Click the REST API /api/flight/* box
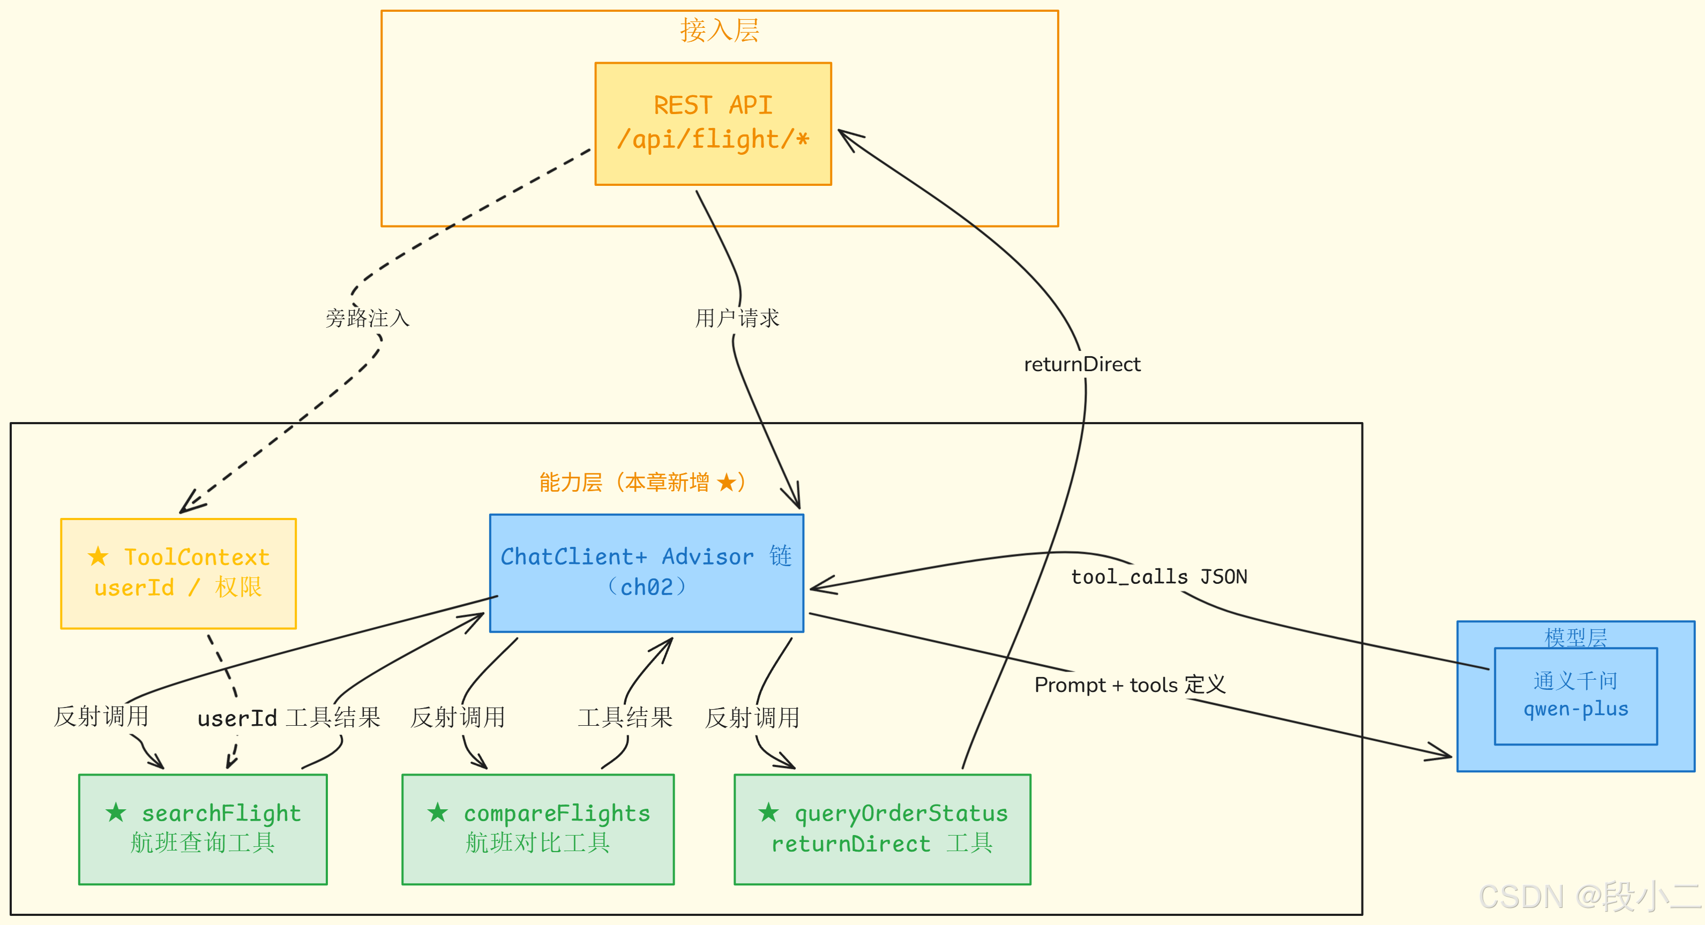coord(713,124)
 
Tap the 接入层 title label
coord(720,31)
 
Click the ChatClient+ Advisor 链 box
coord(646,573)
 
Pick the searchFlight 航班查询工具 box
coord(203,829)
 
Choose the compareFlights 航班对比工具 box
coord(537,829)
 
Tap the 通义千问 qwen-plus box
coord(1575,695)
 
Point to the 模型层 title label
coord(1575,637)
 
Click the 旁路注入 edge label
coord(368,318)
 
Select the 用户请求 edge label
coord(737,318)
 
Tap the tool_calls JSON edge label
coord(1158,577)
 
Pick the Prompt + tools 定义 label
coord(1129,685)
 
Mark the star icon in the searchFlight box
coord(116,812)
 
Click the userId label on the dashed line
coord(236,718)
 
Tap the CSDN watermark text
coord(1589,897)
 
